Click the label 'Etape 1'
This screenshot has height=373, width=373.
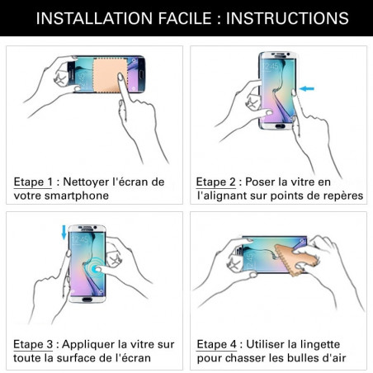pos(31,181)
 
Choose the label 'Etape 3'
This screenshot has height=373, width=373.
pos(31,343)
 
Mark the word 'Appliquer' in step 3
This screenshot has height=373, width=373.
pos(95,343)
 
